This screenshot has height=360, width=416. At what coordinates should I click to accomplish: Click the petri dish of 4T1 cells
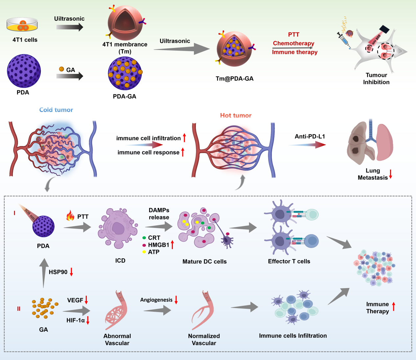point(22,25)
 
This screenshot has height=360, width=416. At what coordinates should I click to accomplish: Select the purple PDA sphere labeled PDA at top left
point(24,71)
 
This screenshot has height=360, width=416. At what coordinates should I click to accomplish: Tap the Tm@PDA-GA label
point(235,79)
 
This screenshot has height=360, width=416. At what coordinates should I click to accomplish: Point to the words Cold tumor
point(56,110)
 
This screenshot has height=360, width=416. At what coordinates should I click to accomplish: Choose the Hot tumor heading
point(236,115)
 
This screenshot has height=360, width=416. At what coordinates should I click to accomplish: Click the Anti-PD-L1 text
point(310,136)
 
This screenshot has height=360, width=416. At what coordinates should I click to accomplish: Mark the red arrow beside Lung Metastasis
point(391,174)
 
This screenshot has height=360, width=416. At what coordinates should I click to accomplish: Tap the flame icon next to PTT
point(70,216)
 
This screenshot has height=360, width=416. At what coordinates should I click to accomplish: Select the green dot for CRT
point(144,237)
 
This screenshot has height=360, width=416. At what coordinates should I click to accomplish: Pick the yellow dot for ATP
point(144,252)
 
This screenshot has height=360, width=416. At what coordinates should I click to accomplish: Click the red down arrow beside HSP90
point(71,272)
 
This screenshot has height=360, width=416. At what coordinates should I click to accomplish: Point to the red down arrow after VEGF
point(86,300)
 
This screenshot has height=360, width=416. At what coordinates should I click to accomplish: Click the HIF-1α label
point(76,320)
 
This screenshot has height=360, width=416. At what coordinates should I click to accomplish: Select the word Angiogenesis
point(156,300)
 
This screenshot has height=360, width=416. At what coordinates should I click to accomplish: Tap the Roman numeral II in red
point(19,309)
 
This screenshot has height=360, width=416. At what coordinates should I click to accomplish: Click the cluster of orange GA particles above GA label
point(45,308)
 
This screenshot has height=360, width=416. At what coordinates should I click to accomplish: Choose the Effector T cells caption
point(289,261)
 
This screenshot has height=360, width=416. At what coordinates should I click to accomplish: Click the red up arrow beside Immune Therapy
point(394,306)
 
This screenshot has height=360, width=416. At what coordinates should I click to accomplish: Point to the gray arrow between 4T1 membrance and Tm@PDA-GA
point(182,50)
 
